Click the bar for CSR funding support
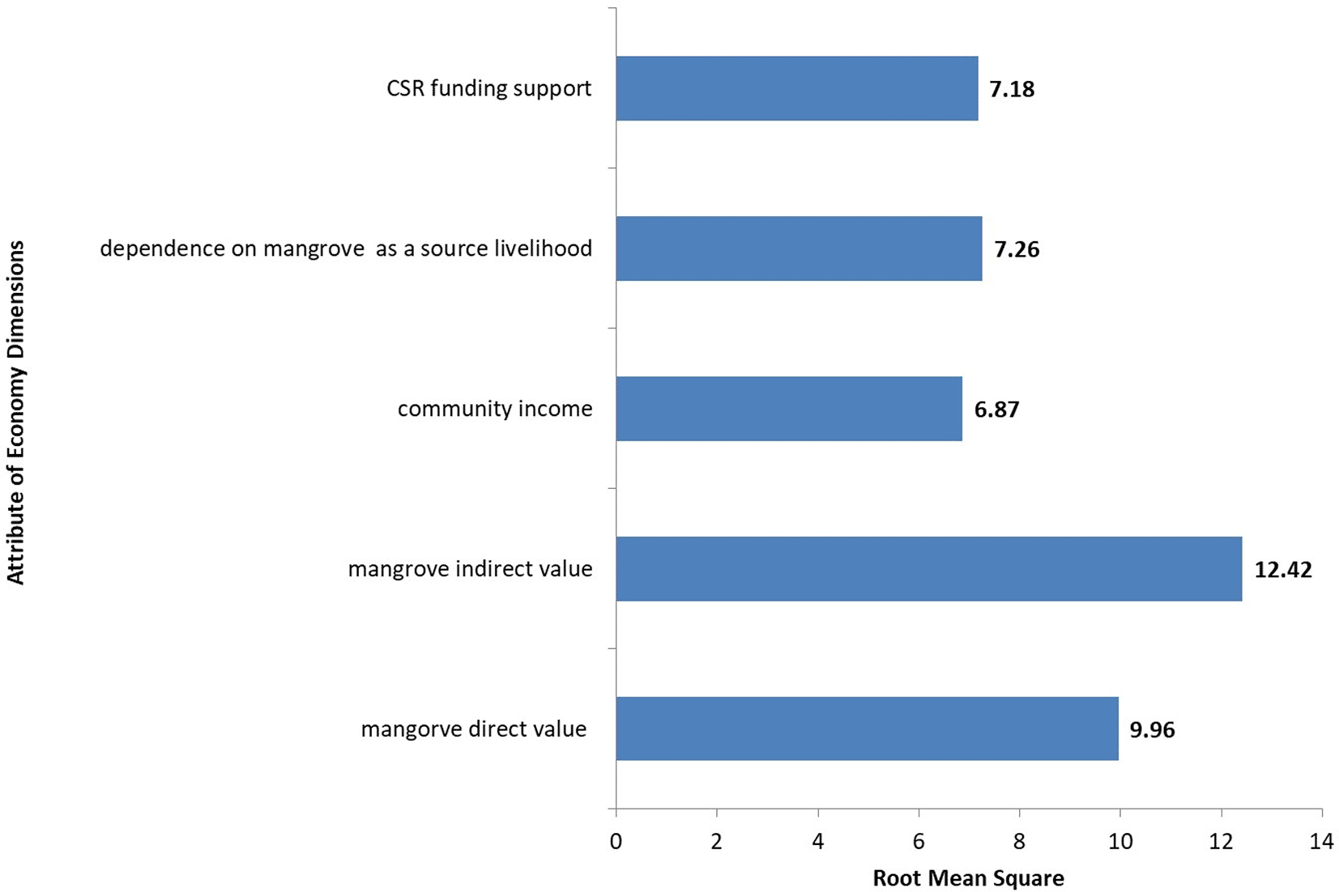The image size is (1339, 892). pyautogui.click(x=796, y=88)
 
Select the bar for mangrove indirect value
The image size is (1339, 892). pyautogui.click(x=928, y=569)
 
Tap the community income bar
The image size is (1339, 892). pyautogui.click(x=788, y=409)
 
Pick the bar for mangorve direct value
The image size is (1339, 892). pyautogui.click(x=867, y=728)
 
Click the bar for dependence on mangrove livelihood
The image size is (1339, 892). pyautogui.click(x=799, y=248)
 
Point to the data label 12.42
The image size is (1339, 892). pyautogui.click(x=1282, y=570)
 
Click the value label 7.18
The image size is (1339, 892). pyautogui.click(x=1012, y=89)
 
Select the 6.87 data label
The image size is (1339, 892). pyautogui.click(x=996, y=410)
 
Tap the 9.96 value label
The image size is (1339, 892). pyautogui.click(x=1152, y=730)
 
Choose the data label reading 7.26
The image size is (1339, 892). pyautogui.click(x=1017, y=249)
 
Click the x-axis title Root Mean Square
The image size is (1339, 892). pyautogui.click(x=968, y=878)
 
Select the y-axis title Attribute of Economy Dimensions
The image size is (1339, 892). pyautogui.click(x=16, y=413)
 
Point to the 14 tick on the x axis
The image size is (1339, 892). pyautogui.click(x=1321, y=842)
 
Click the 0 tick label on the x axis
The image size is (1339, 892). pyautogui.click(x=616, y=842)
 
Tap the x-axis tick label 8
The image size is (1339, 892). pyautogui.click(x=1019, y=842)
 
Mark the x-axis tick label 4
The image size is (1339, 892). pyautogui.click(x=817, y=842)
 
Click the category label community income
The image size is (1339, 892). pyautogui.click(x=494, y=409)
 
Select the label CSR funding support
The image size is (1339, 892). pyautogui.click(x=488, y=88)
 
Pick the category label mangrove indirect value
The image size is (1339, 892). pyautogui.click(x=470, y=569)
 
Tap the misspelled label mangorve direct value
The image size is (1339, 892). pyautogui.click(x=473, y=729)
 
